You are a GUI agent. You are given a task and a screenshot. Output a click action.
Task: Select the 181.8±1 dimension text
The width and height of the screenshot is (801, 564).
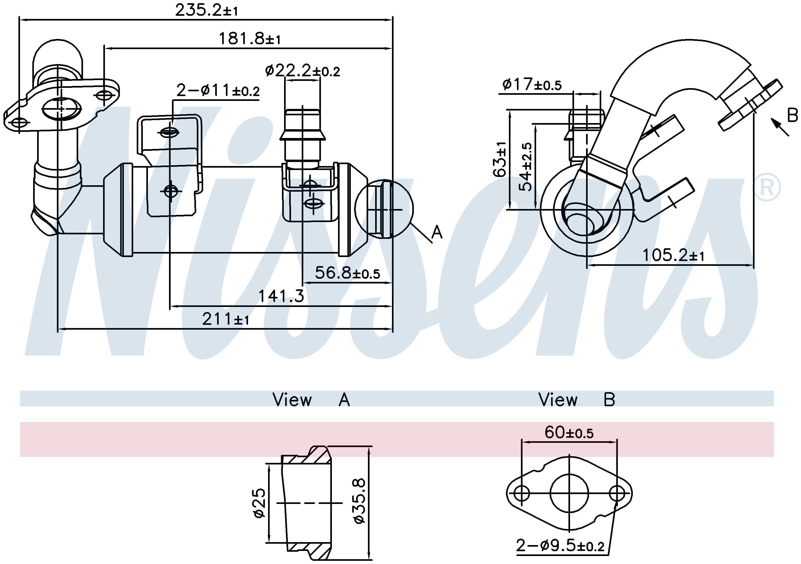click(x=249, y=38)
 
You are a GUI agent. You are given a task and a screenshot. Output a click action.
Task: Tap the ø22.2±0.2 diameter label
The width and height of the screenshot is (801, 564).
click(x=303, y=71)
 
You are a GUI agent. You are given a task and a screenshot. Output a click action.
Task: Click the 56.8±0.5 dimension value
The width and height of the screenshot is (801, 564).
click(x=347, y=273)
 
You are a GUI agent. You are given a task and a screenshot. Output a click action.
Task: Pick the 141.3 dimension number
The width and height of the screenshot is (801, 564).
click(x=281, y=296)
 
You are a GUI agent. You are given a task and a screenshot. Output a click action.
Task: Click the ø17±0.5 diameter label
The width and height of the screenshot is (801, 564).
click(x=532, y=84)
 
